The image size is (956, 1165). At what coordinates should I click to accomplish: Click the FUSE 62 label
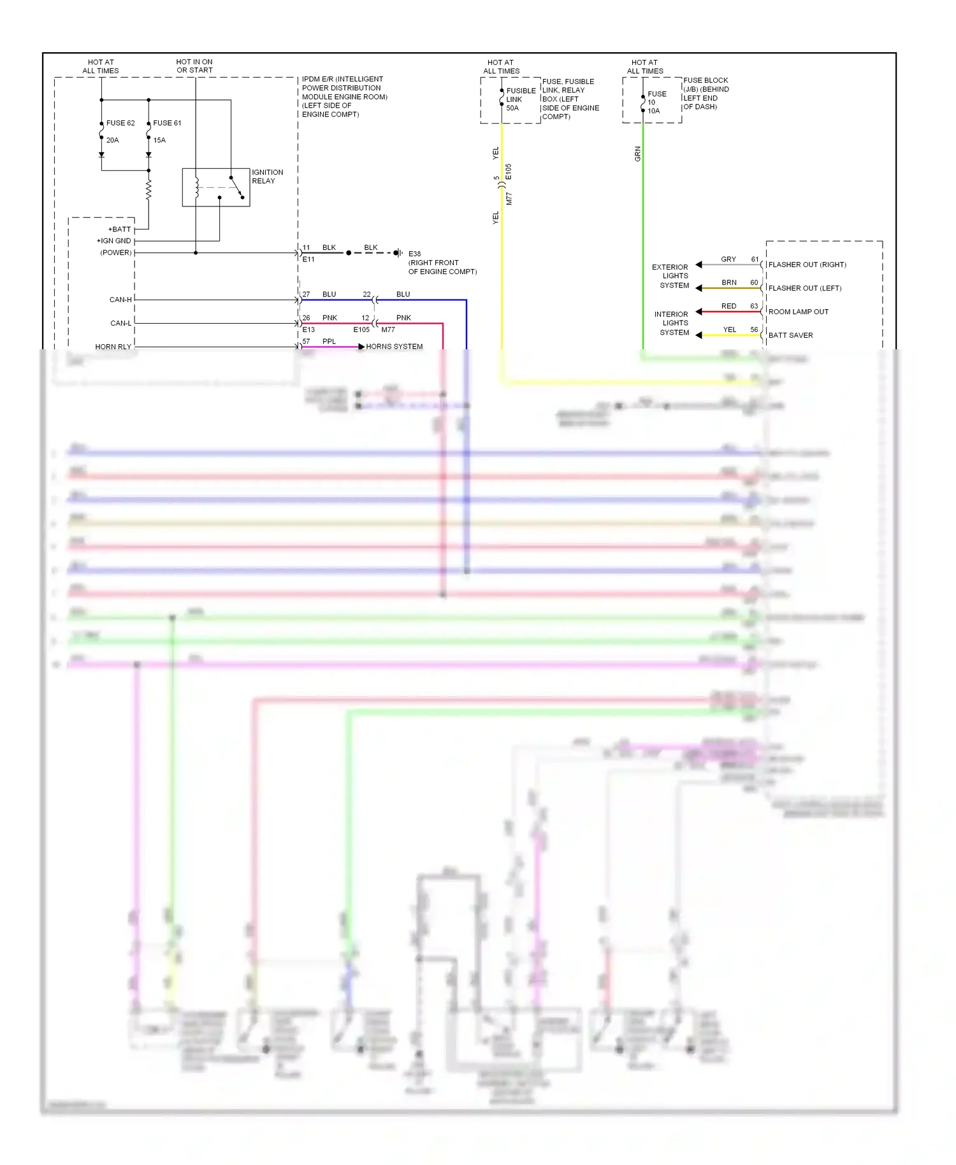tap(120, 123)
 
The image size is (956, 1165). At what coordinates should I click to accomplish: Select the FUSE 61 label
tap(167, 123)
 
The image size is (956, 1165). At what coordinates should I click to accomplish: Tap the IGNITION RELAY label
tap(267, 177)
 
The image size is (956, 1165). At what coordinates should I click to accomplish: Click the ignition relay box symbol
tap(215, 187)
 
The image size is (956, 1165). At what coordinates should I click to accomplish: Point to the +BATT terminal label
tap(120, 229)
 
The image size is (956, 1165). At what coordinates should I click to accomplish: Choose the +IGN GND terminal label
tap(114, 241)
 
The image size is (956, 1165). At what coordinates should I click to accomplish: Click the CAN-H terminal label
tap(120, 300)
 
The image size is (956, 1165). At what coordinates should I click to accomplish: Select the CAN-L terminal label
tap(121, 323)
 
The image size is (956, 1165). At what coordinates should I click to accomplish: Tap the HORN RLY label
tap(113, 347)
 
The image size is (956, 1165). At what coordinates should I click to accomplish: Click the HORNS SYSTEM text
tap(394, 347)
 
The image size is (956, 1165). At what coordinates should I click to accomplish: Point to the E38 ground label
tap(414, 254)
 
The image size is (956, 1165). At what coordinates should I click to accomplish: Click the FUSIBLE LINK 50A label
tap(519, 99)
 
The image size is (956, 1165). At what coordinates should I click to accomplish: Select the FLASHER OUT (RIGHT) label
tap(807, 264)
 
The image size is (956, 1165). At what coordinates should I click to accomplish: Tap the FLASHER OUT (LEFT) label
tap(804, 288)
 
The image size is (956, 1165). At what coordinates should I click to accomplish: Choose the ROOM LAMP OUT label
tap(798, 312)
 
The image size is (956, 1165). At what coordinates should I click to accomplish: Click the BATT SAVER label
tap(790, 335)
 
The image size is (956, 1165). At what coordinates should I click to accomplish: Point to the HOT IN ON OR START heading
tap(194, 66)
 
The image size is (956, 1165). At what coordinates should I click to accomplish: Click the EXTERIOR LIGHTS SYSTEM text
tap(670, 276)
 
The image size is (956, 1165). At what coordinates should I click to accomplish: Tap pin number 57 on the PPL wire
tap(306, 342)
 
